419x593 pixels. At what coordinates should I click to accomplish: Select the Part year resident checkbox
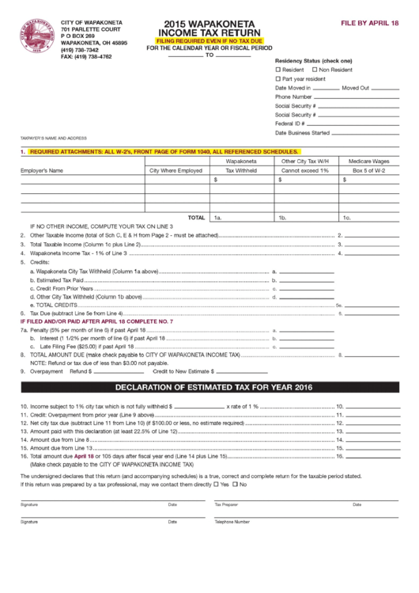coord(277,79)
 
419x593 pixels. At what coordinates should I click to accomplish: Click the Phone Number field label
coord(293,97)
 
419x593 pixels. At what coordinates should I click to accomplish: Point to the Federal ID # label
coord(290,123)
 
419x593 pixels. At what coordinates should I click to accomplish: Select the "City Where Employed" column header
coord(176,169)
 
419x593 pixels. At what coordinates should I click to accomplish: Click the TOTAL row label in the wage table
coord(195,216)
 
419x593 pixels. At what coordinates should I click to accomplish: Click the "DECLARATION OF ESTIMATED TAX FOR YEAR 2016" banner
coord(209,387)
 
